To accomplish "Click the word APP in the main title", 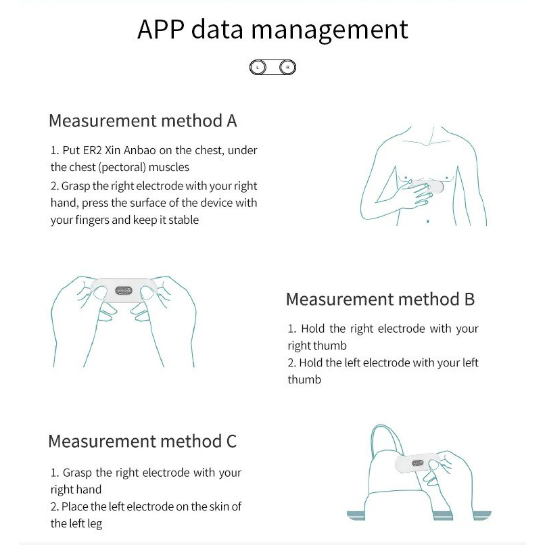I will [x=161, y=30].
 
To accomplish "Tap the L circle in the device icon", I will [x=258, y=67].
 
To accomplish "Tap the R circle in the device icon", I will [x=287, y=67].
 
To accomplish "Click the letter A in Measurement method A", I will [x=231, y=121].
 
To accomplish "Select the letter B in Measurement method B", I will [x=469, y=299].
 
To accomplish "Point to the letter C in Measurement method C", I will [x=231, y=442].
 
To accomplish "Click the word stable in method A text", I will [x=182, y=220].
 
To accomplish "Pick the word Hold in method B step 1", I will [x=313, y=329].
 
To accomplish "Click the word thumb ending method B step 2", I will [x=304, y=379].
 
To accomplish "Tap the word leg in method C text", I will [x=93, y=523].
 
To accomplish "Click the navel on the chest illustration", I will [x=427, y=220].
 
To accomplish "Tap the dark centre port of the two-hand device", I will [x=124, y=291].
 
